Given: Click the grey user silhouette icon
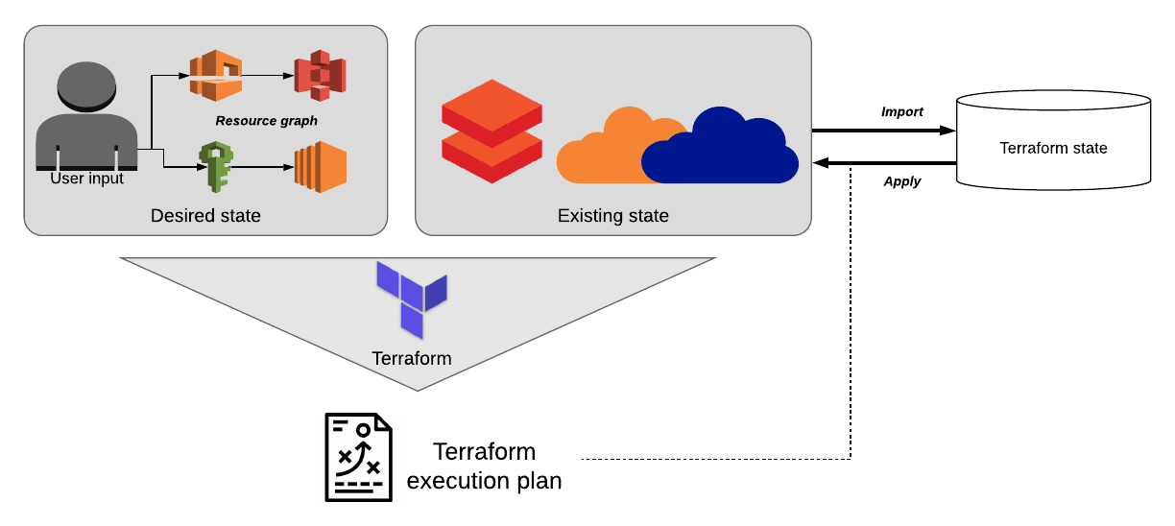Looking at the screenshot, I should tap(86, 115).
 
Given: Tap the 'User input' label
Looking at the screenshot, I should tap(86, 179).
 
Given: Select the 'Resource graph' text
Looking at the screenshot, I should tap(266, 121).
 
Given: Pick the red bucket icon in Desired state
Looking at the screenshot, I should tap(320, 76).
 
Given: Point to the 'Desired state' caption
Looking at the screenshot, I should tap(205, 216).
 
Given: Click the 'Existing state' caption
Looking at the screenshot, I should tap(612, 216).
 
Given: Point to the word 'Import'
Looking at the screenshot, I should tap(901, 112).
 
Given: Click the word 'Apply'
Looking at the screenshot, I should tap(901, 181).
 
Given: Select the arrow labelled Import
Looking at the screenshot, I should tap(883, 130).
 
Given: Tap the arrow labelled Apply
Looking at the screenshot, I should tap(883, 164).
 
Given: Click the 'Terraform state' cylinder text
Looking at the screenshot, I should tap(1053, 148).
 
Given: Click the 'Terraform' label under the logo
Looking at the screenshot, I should tap(411, 359).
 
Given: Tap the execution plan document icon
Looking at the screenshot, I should tap(358, 457).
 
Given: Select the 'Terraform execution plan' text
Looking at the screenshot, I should tap(484, 466).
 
